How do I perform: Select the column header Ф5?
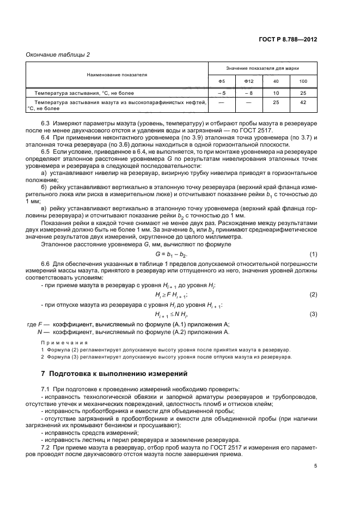222,82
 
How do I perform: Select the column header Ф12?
249,82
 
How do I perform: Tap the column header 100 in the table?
303,82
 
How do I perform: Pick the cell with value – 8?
249,93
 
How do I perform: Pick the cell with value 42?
303,102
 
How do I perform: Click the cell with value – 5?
222,93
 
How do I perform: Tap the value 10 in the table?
276,93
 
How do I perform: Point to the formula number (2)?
313,294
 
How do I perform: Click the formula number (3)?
313,314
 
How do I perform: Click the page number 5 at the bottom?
315,466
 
